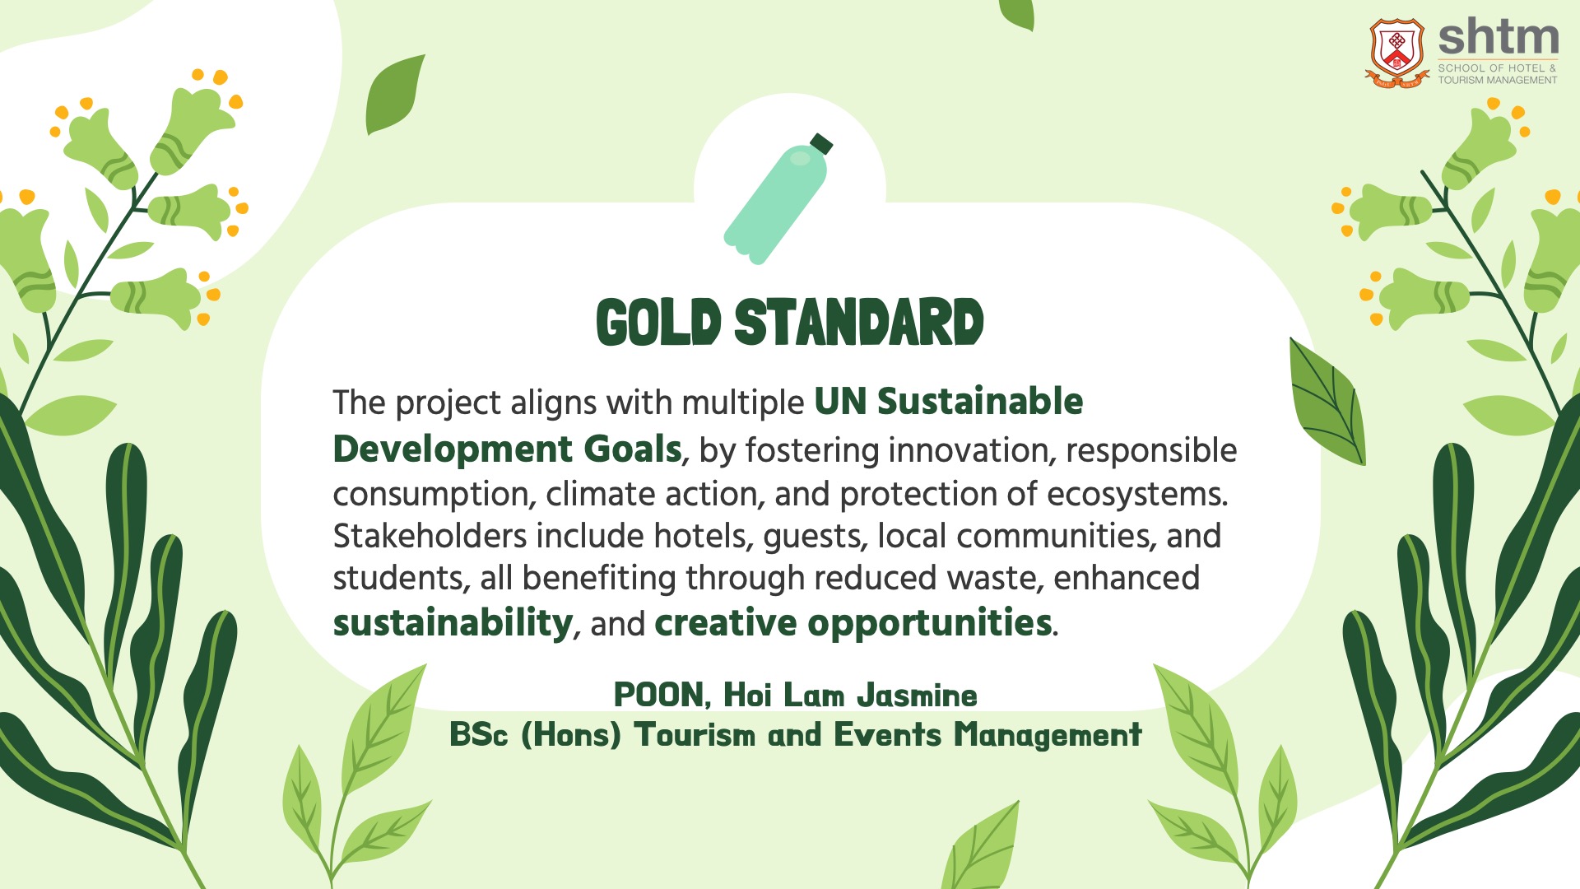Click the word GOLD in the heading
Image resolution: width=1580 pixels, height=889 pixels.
[659, 322]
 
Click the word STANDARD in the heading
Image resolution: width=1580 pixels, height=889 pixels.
[859, 322]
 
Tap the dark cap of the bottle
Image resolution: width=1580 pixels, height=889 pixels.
[821, 144]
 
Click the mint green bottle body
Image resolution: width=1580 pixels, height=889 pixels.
[774, 204]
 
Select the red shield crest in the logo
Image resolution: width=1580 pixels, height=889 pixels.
[1396, 52]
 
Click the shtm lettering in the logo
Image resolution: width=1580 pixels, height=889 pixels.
[1499, 37]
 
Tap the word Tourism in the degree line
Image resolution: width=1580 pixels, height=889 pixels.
[695, 734]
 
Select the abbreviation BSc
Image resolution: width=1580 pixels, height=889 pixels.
[479, 734]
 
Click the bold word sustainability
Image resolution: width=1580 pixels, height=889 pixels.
[453, 623]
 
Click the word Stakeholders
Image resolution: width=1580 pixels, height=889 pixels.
[430, 536]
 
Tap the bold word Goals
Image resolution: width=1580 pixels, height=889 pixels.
[633, 449]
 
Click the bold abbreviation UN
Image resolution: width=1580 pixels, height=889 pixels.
[840, 402]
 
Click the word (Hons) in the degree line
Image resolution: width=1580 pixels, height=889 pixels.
[571, 734]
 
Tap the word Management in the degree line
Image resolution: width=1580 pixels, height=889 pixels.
[1048, 735]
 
